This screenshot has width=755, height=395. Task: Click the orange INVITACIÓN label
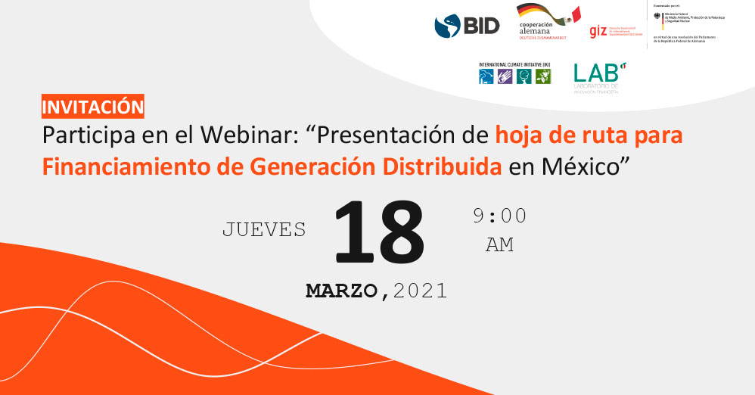[x=92, y=107]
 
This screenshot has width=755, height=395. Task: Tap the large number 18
[x=378, y=233]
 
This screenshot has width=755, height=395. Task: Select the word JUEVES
[x=264, y=229]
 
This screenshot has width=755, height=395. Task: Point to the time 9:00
[x=499, y=216]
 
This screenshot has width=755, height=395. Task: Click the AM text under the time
[x=499, y=245]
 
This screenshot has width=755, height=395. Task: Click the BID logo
[x=467, y=26]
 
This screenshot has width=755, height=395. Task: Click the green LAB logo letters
[x=595, y=73]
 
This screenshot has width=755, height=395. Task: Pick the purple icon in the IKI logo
[x=505, y=76]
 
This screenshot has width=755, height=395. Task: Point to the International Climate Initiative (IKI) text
[x=514, y=64]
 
